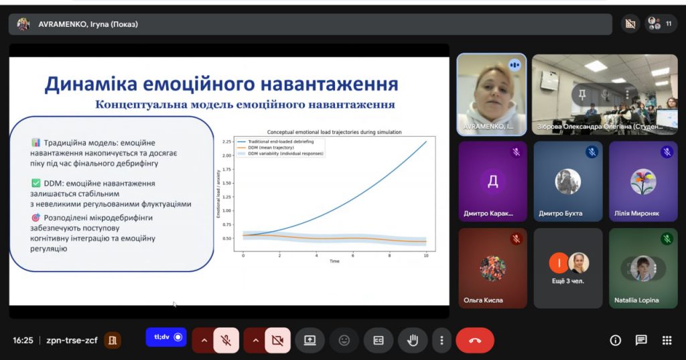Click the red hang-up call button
point(475,340)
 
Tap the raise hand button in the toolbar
point(413,340)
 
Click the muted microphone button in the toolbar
point(226,340)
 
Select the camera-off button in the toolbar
point(277,340)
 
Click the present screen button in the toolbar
point(310,340)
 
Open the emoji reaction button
point(344,340)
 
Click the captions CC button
point(379,340)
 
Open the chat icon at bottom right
point(641,340)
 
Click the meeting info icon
point(616,340)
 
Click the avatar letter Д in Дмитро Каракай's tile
point(492,181)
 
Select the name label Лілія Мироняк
point(636,214)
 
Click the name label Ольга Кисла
point(483,300)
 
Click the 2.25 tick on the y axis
point(226,142)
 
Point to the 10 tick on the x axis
point(425,255)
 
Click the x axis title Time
point(334,261)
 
